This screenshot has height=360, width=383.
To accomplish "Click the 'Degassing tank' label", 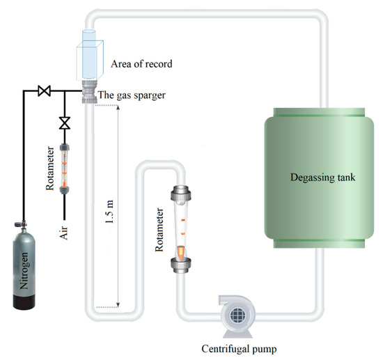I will pyautogui.click(x=322, y=178).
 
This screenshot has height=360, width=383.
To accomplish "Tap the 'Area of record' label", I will pyautogui.click(x=141, y=65).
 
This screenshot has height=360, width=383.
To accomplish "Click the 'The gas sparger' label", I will pyautogui.click(x=134, y=95).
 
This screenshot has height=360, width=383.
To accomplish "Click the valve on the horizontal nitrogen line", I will pyautogui.click(x=44, y=91).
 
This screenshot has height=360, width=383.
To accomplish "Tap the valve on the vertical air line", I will pyautogui.click(x=65, y=122).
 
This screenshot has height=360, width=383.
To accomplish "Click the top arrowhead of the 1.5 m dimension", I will pyautogui.click(x=120, y=109).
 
